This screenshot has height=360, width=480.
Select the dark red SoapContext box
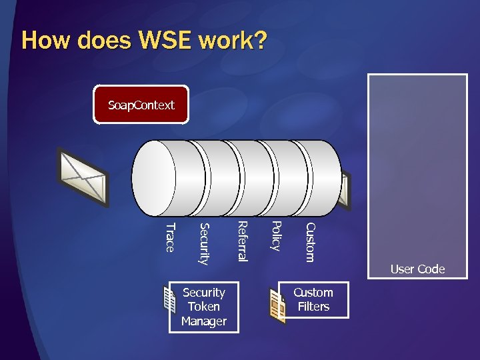[x=141, y=105]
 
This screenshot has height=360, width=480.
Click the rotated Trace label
[x=169, y=238]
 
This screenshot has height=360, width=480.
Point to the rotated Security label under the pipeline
[x=204, y=243]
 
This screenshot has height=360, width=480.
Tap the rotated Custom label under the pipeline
[x=309, y=242]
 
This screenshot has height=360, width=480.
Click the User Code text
[x=417, y=269]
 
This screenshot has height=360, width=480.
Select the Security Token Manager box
[x=204, y=307]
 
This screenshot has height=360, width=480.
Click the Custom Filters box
[x=313, y=300]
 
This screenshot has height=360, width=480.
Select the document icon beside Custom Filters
[x=277, y=306]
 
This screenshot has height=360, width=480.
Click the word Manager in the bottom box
[x=204, y=321]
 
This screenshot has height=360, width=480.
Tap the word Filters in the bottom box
[x=313, y=307]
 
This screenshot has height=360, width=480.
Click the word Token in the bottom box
[x=204, y=307]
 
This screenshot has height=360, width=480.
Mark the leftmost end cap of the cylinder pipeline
[x=155, y=177]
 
